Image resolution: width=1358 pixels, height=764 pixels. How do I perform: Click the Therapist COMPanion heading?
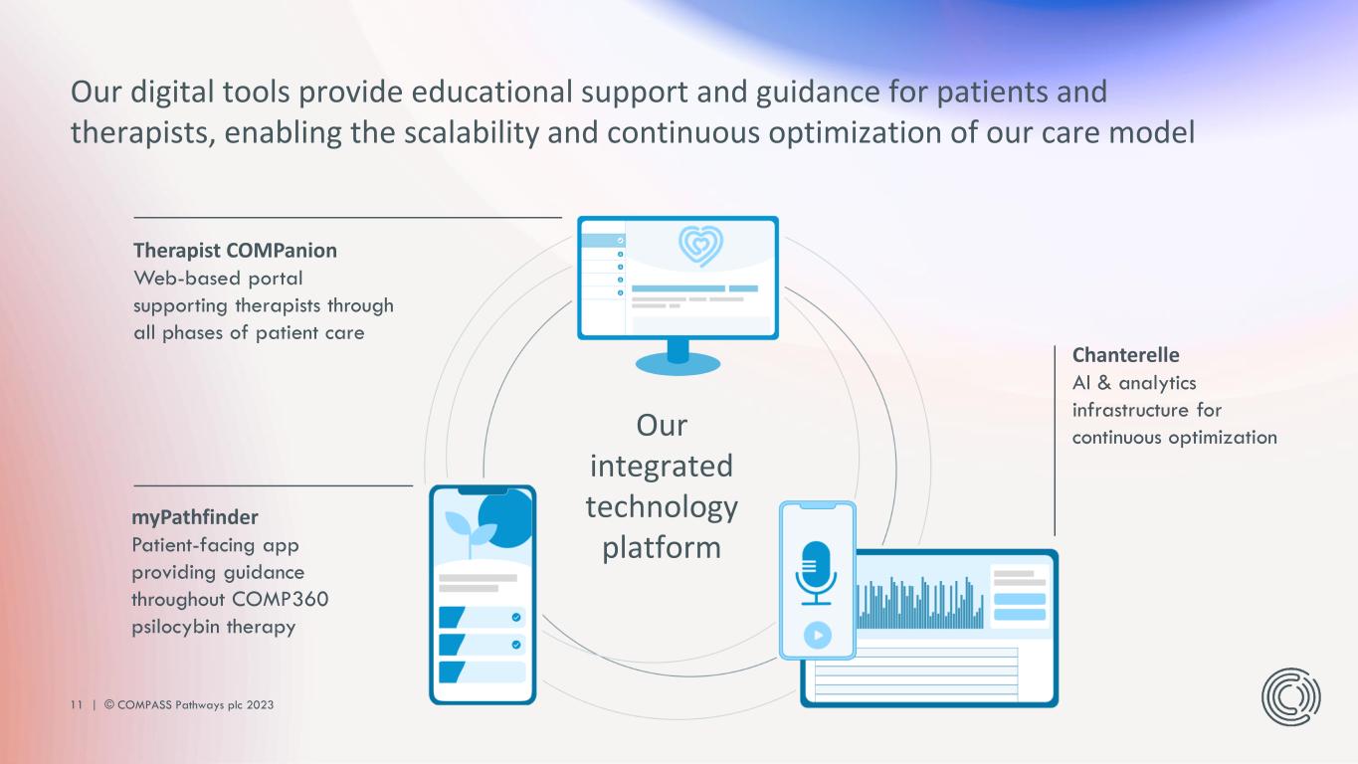click(x=235, y=251)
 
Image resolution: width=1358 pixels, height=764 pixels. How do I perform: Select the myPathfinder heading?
click(x=195, y=517)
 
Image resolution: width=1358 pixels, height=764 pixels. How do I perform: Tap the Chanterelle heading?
click(x=1126, y=355)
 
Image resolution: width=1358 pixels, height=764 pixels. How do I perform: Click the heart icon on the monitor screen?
click(x=700, y=246)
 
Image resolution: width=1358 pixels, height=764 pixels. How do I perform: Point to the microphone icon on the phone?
click(x=816, y=574)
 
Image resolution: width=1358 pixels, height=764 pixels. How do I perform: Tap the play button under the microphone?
click(x=817, y=636)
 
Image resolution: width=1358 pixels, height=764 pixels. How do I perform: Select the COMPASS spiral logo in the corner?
click(x=1290, y=696)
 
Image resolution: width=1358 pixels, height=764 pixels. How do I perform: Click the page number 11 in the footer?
click(x=77, y=704)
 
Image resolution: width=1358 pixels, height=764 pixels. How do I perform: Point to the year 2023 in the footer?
click(x=260, y=704)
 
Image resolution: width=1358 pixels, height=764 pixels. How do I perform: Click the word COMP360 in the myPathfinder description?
click(x=281, y=599)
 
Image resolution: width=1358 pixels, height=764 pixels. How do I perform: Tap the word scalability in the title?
click(x=471, y=132)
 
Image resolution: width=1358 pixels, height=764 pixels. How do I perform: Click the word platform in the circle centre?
click(x=662, y=547)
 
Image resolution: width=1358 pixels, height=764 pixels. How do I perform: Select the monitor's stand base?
click(x=678, y=364)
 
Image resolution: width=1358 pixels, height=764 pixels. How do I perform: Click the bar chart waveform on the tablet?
click(x=919, y=603)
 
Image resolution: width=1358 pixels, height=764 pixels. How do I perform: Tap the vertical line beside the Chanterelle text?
click(x=1055, y=441)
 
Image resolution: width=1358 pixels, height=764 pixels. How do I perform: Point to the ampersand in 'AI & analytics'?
click(x=1104, y=383)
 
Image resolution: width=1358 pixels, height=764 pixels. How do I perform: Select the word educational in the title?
click(x=491, y=93)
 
